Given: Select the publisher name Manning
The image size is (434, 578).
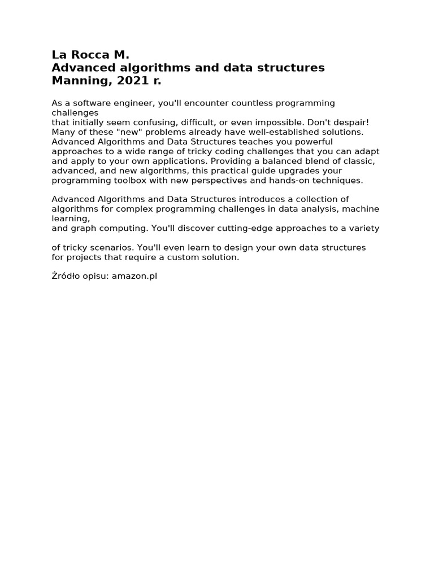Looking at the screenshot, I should [x=81, y=81].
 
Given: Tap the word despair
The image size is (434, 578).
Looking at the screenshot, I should [x=348, y=122].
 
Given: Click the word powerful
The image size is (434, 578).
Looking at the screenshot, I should [x=311, y=142].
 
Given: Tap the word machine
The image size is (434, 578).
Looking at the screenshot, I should [x=362, y=209].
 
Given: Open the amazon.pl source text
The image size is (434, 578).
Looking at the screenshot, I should [x=134, y=277].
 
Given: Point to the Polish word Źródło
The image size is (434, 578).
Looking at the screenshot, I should [x=66, y=277].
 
